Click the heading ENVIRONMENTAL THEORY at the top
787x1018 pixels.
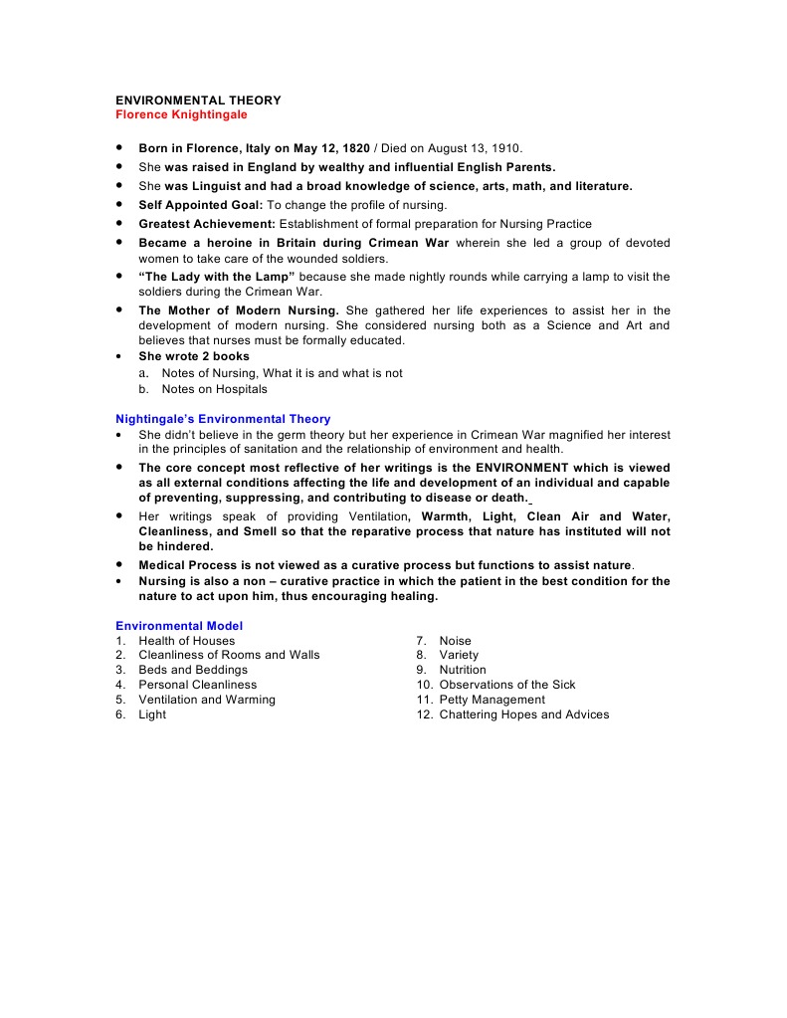[x=198, y=101]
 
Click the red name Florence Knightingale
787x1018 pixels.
[x=181, y=114]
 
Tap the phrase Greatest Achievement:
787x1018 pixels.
[x=207, y=224]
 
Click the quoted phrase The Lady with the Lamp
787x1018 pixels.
[x=217, y=277]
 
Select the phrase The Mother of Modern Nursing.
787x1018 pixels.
[x=239, y=310]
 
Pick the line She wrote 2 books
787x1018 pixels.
[x=194, y=356]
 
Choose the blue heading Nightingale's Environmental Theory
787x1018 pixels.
[x=223, y=419]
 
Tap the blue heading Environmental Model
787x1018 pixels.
[x=179, y=626]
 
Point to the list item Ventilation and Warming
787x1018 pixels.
[x=207, y=700]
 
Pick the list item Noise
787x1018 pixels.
[x=456, y=641]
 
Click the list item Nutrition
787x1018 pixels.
[x=463, y=670]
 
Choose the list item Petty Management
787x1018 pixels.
[x=492, y=700]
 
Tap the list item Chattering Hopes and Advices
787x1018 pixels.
[x=523, y=714]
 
